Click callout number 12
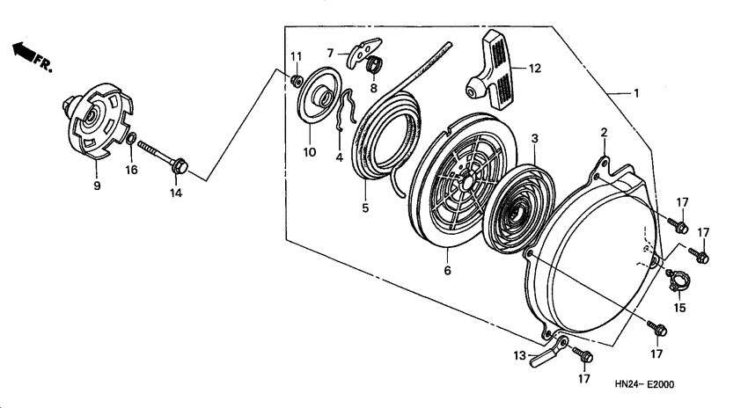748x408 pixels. coord(534,68)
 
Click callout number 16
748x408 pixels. coord(131,170)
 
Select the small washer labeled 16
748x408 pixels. coord(130,139)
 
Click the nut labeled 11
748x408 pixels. coord(296,82)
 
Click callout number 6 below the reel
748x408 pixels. coord(447,271)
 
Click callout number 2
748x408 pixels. coord(605,132)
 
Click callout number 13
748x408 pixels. coord(520,357)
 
